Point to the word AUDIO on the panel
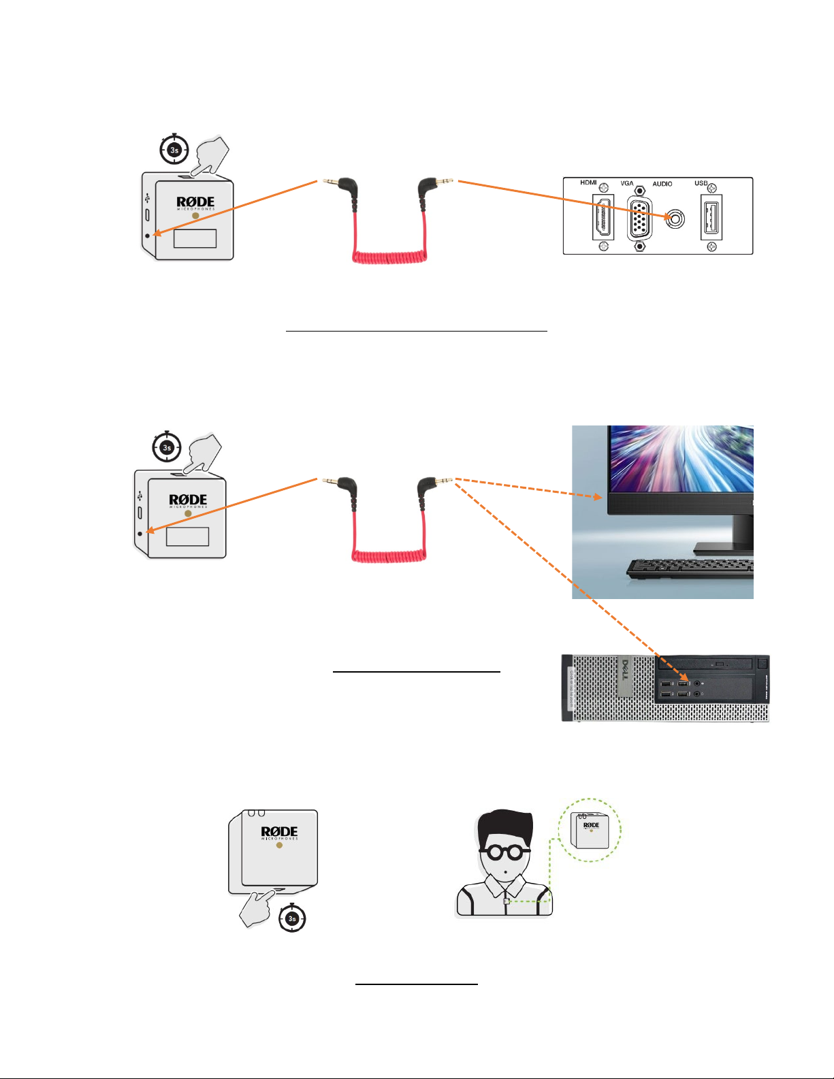point(662,184)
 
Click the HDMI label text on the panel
point(588,182)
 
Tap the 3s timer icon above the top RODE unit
point(174,149)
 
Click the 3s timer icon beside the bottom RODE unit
point(293,918)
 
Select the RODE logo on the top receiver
point(195,202)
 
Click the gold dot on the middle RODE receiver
point(188,513)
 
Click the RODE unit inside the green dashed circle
point(590,832)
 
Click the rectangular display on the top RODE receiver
point(195,238)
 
